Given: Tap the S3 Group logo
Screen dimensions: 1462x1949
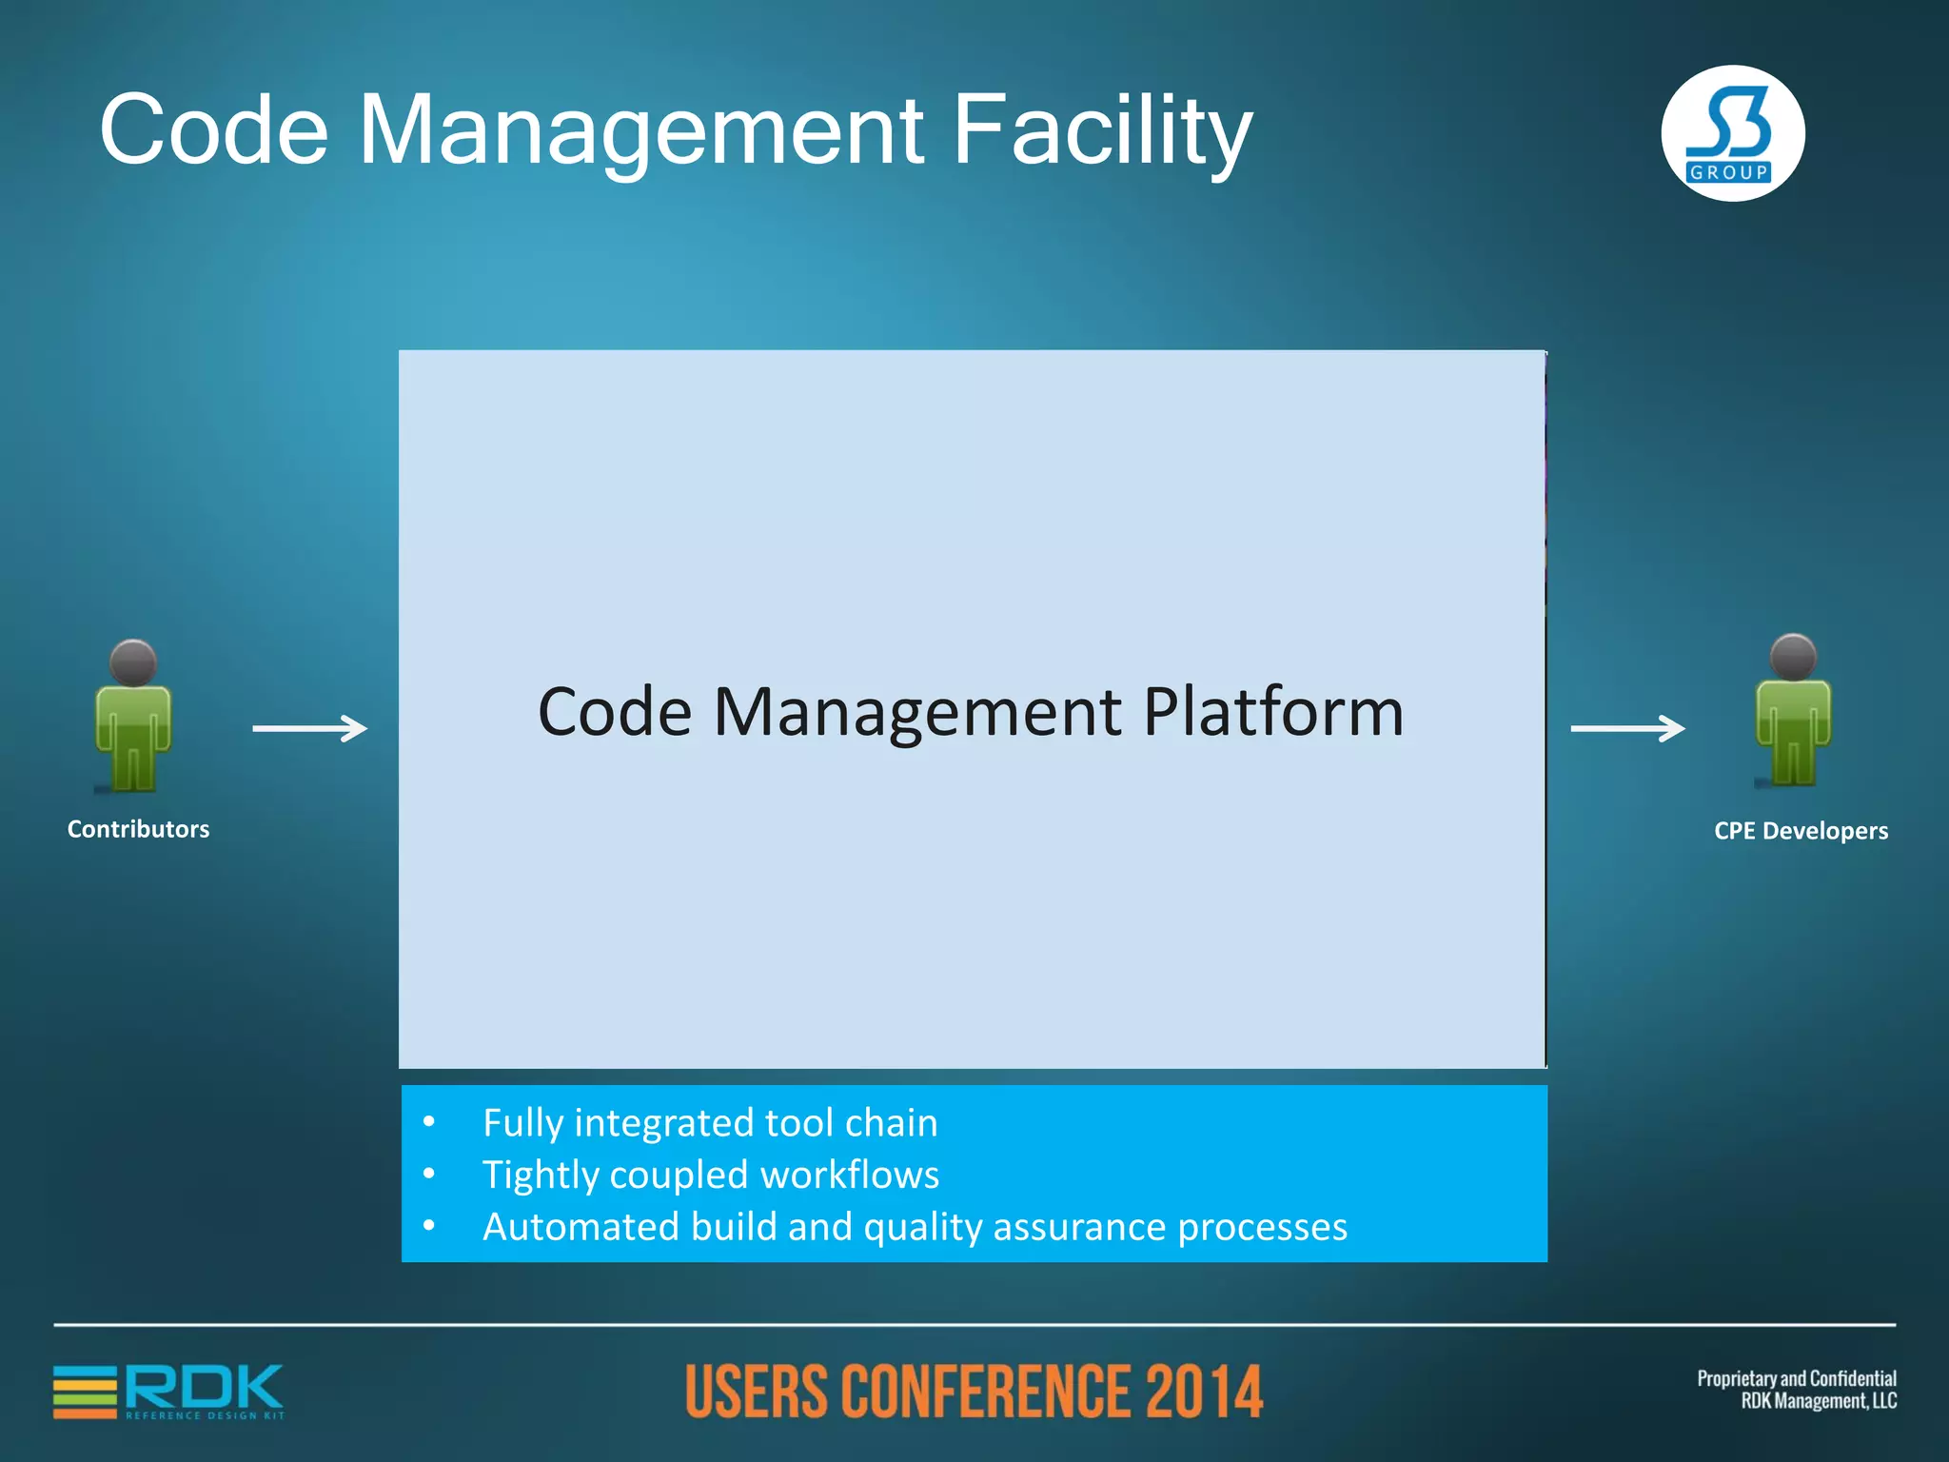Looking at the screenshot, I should click(1732, 134).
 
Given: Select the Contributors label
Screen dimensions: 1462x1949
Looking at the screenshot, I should click(138, 829).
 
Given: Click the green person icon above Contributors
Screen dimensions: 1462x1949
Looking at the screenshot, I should click(133, 728).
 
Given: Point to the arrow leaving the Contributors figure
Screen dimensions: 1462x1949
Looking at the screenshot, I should click(309, 728).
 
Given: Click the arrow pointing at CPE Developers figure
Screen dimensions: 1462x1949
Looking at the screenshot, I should click(1627, 728).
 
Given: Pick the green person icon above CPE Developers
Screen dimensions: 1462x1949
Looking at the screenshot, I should click(1793, 723).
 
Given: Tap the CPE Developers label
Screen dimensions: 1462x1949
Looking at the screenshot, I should click(1801, 831).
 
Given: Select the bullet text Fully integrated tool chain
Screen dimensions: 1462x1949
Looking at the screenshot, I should click(710, 1123).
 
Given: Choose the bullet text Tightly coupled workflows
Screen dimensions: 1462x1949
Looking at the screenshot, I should click(711, 1175).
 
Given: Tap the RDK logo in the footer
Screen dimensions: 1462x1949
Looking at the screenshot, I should click(169, 1392).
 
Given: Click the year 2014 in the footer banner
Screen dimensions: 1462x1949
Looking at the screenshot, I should click(1204, 1392).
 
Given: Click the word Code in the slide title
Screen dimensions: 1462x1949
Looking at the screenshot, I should click(214, 131).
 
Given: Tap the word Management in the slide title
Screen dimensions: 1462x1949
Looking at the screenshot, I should click(640, 131).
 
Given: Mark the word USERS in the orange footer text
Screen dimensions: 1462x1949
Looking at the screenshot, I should click(757, 1392).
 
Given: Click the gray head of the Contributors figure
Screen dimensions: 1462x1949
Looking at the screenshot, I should click(133, 662).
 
